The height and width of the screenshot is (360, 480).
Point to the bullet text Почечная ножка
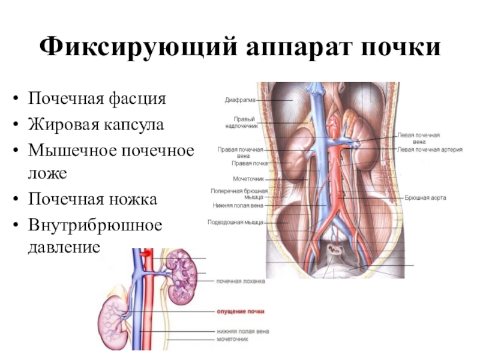(93, 199)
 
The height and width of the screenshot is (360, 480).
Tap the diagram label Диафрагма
(239, 100)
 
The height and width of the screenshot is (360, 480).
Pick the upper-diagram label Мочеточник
(248, 178)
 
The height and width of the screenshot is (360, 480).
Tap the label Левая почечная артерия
(430, 149)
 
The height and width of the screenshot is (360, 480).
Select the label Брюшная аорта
(425, 197)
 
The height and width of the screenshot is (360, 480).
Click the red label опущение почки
(240, 311)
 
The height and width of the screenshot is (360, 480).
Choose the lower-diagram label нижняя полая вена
(242, 331)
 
